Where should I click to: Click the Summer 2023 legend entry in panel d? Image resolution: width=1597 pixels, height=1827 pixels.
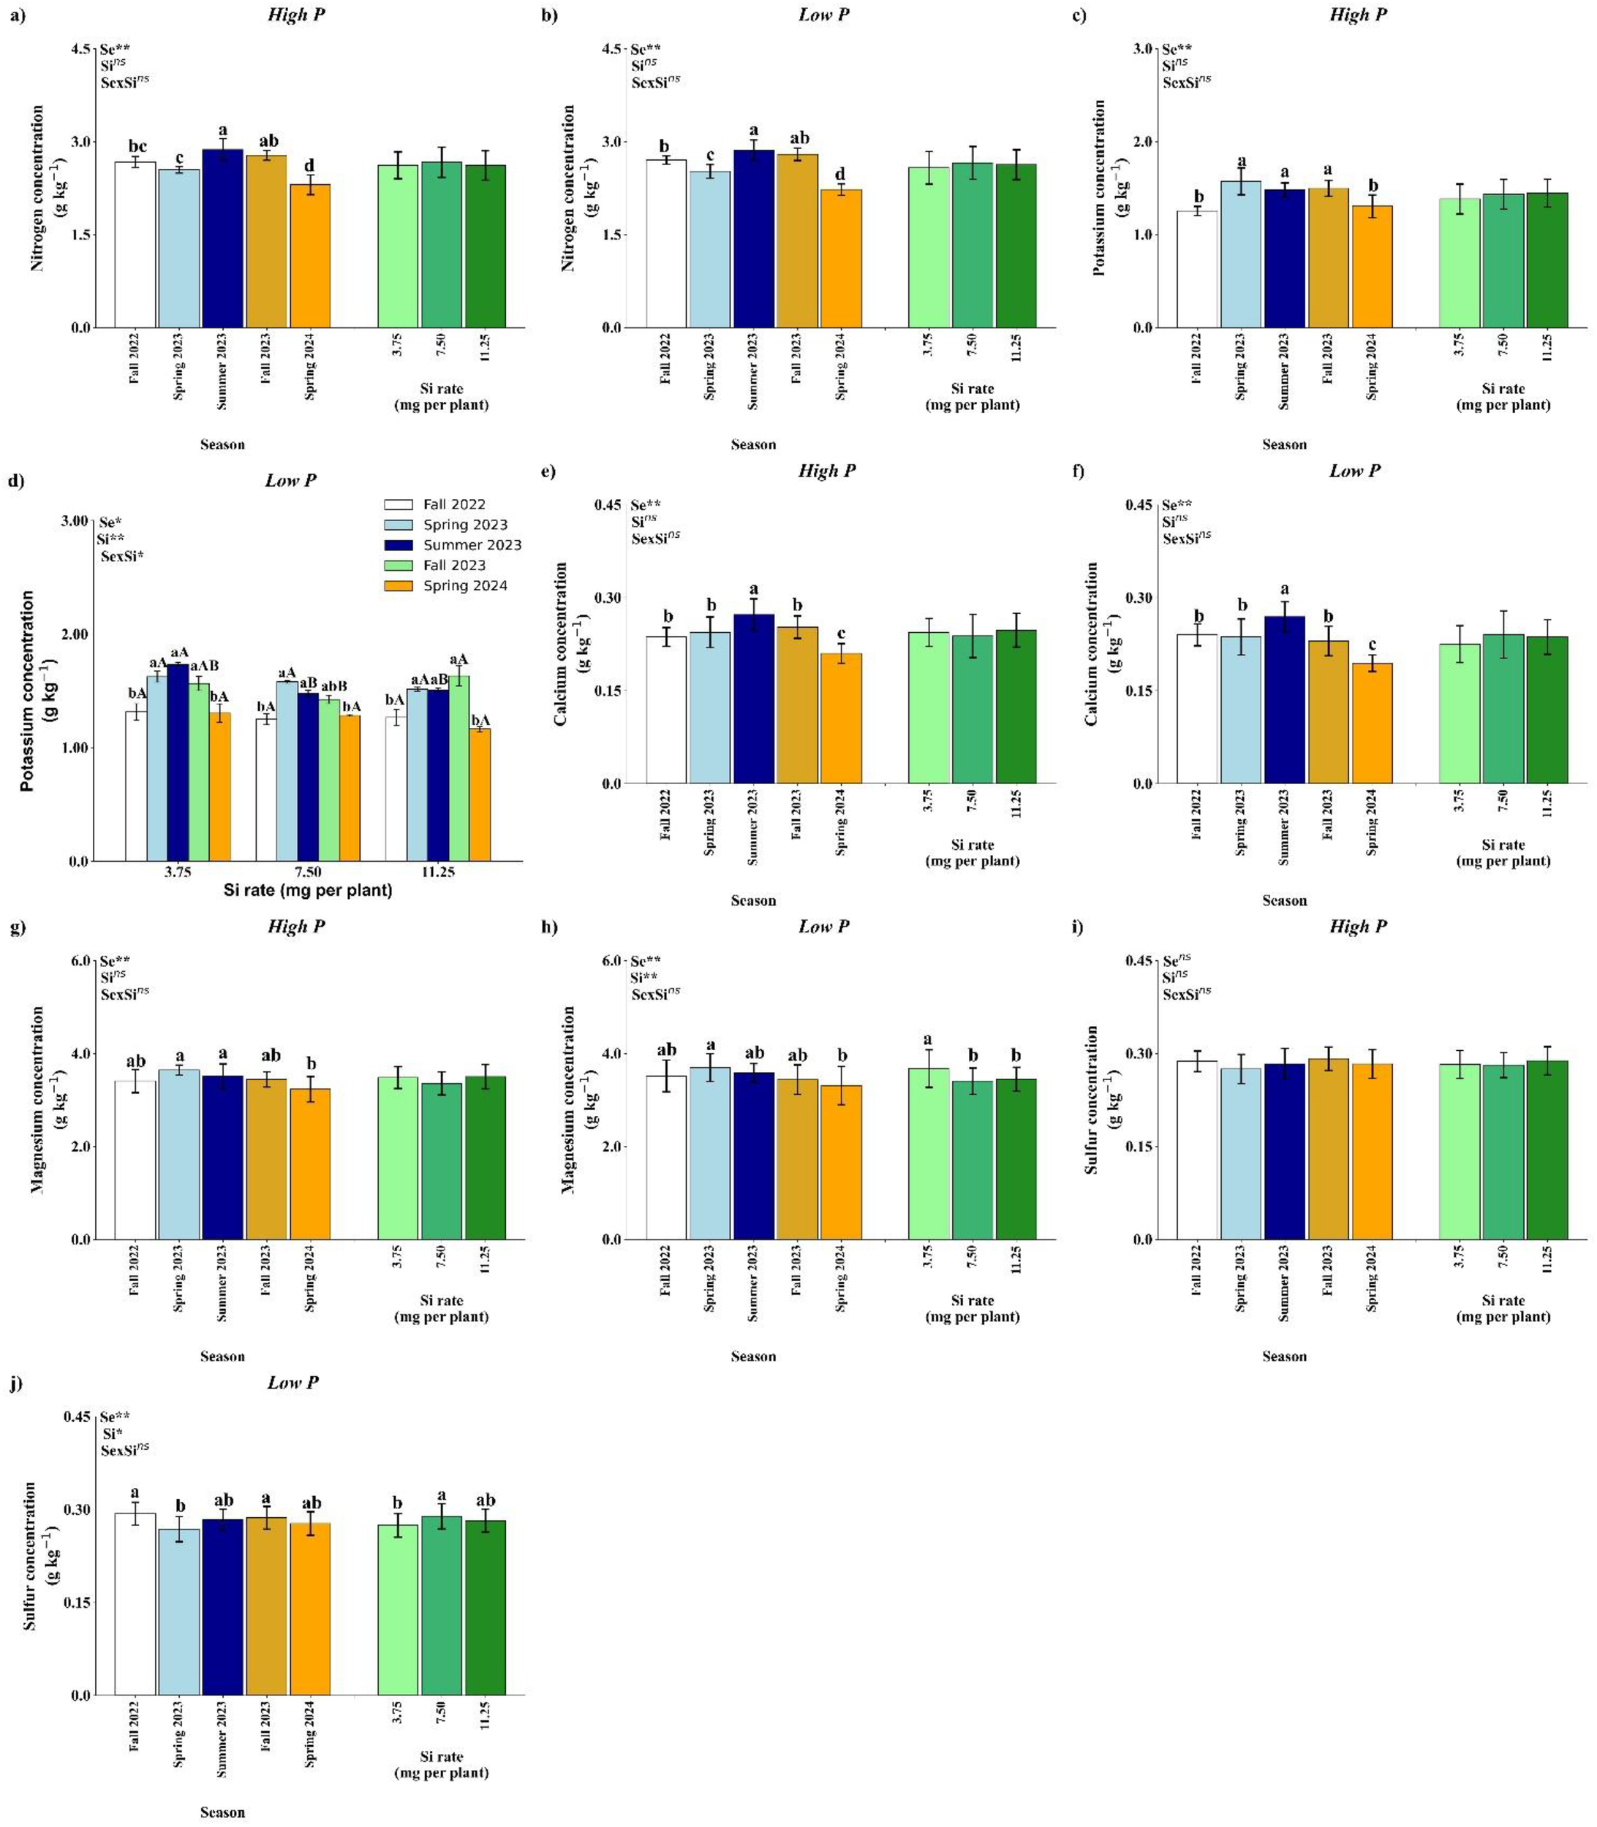pos(472,545)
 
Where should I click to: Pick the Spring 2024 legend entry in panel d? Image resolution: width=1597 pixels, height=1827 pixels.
pos(465,586)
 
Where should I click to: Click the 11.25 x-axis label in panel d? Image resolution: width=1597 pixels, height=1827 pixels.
pos(437,872)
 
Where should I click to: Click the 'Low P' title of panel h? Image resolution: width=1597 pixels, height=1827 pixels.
pos(823,927)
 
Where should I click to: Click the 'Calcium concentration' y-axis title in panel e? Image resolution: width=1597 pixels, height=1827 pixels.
pos(561,643)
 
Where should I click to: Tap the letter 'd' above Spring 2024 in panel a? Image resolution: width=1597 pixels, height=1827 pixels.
pos(309,166)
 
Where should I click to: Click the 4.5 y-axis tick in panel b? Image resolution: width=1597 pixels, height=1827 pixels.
pos(611,49)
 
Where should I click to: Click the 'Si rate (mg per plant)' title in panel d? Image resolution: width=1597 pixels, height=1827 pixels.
pos(307,890)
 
